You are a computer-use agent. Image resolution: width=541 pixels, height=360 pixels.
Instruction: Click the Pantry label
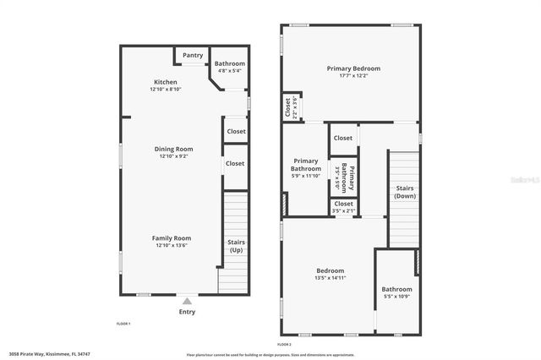193,56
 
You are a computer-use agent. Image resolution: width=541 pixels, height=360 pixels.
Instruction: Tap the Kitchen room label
165,82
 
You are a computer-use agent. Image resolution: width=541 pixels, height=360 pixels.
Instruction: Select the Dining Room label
173,149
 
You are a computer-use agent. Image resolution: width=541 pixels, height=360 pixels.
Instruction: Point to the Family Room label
172,238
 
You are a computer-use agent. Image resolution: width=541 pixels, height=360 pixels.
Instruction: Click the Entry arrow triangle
187,300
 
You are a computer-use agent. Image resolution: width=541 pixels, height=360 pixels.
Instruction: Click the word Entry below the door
187,312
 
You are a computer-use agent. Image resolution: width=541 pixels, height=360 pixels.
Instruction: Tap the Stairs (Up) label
236,247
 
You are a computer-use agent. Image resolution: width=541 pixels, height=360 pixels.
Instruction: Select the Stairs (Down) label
405,192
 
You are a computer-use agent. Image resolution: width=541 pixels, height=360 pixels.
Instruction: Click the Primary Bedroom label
353,68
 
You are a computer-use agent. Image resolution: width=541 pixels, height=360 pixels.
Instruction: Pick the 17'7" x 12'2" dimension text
353,76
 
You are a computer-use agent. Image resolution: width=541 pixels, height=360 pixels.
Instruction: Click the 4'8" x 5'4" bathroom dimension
229,71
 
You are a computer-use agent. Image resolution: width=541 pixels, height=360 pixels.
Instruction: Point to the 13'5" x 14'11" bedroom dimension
330,278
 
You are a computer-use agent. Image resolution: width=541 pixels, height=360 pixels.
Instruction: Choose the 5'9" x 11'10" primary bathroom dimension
305,176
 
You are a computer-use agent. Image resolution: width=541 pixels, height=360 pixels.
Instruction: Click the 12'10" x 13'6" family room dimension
172,246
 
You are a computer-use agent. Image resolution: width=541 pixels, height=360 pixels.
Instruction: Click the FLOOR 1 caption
123,324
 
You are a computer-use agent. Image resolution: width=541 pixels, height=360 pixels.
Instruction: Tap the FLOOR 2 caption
284,344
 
